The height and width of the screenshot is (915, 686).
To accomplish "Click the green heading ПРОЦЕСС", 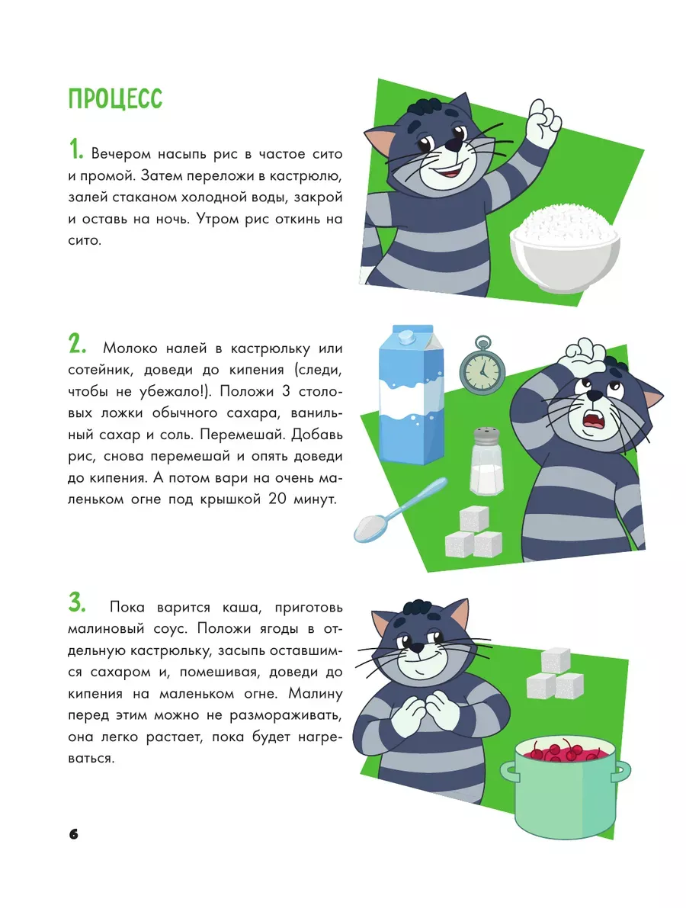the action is pyautogui.click(x=115, y=99).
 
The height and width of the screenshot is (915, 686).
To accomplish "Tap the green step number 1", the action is pyautogui.click(x=75, y=149).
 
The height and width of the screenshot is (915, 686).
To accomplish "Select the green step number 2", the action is pyautogui.click(x=77, y=345).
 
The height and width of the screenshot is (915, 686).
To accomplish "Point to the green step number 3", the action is pyautogui.click(x=77, y=602).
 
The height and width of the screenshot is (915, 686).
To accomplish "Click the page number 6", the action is pyautogui.click(x=74, y=834).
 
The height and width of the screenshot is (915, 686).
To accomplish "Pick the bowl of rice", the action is pyautogui.click(x=565, y=249).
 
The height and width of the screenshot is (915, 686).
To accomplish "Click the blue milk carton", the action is pyautogui.click(x=411, y=394).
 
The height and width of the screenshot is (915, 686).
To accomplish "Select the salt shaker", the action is pyautogui.click(x=486, y=461).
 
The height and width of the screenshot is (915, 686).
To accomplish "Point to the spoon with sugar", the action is pyautogui.click(x=400, y=510).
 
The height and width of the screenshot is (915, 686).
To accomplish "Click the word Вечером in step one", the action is pyautogui.click(x=121, y=154).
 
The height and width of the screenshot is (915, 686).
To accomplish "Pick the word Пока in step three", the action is pyautogui.click(x=127, y=607).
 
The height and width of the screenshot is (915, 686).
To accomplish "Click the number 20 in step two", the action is pyautogui.click(x=277, y=499).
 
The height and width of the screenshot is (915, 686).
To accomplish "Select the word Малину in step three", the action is pyautogui.click(x=316, y=694).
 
